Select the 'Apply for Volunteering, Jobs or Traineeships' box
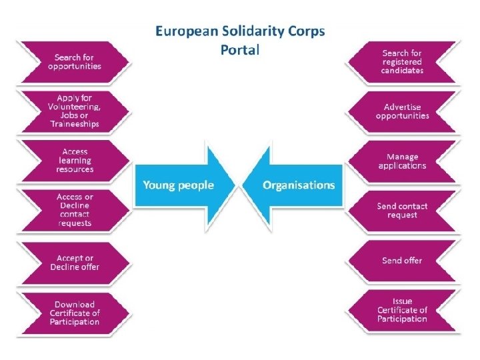(75, 111)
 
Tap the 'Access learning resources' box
(75, 161)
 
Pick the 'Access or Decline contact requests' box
(75, 210)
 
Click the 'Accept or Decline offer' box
(75, 263)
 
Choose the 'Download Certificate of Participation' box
(75, 313)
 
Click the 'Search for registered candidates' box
(402, 62)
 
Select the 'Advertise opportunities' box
(402, 111)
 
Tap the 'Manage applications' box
(402, 161)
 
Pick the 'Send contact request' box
(402, 211)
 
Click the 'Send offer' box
(402, 261)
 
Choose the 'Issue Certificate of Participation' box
(402, 310)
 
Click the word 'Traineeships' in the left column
(75, 124)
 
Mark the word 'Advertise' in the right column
(402, 107)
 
